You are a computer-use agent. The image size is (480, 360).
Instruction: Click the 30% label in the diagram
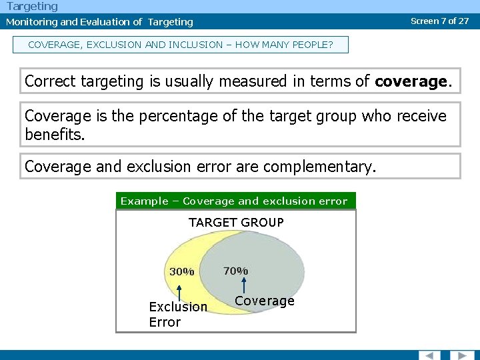(x=181, y=271)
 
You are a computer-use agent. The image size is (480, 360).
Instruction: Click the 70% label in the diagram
(x=235, y=271)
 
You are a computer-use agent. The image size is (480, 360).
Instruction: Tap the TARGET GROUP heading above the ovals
(x=236, y=222)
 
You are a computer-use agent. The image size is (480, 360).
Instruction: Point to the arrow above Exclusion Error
(x=179, y=291)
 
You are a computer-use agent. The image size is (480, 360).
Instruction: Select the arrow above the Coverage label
(x=243, y=285)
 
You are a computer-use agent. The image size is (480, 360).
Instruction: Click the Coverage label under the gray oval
(x=265, y=301)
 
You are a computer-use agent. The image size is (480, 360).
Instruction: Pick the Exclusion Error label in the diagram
(x=177, y=314)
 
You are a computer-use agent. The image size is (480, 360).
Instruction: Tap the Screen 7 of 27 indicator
(x=439, y=21)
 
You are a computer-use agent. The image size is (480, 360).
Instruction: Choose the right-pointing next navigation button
(x=461, y=355)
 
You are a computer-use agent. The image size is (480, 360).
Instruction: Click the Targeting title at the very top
(x=32, y=6)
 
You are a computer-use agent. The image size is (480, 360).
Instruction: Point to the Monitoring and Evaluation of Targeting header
(x=99, y=22)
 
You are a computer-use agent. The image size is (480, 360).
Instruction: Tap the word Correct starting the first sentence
(x=51, y=81)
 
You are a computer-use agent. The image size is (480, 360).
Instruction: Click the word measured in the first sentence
(x=237, y=81)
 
